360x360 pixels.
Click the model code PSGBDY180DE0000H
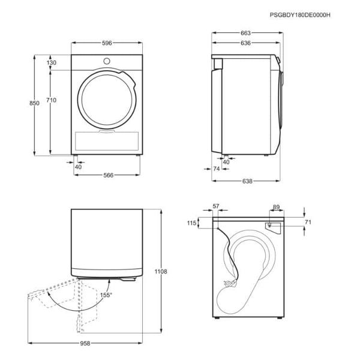point(300,15)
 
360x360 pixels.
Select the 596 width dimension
point(107,43)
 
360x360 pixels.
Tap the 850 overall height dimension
point(34,103)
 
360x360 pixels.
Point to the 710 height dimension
point(51,100)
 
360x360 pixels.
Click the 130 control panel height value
point(52,62)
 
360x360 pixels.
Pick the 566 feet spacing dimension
point(109,175)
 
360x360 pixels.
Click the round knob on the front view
point(107,61)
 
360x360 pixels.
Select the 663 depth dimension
point(245,33)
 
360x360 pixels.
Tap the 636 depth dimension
point(245,43)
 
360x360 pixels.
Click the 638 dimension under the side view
point(247,181)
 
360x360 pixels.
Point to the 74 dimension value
point(217,169)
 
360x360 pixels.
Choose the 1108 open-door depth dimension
point(161,272)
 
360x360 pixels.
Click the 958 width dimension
point(85,343)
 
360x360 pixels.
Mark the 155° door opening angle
point(106,295)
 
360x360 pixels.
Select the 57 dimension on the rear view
point(216,206)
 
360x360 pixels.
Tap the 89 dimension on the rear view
point(276,207)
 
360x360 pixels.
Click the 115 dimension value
point(192,223)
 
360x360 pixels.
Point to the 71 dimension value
point(308,222)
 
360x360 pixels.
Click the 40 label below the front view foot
point(78,167)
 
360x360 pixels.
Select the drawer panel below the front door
point(107,141)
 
